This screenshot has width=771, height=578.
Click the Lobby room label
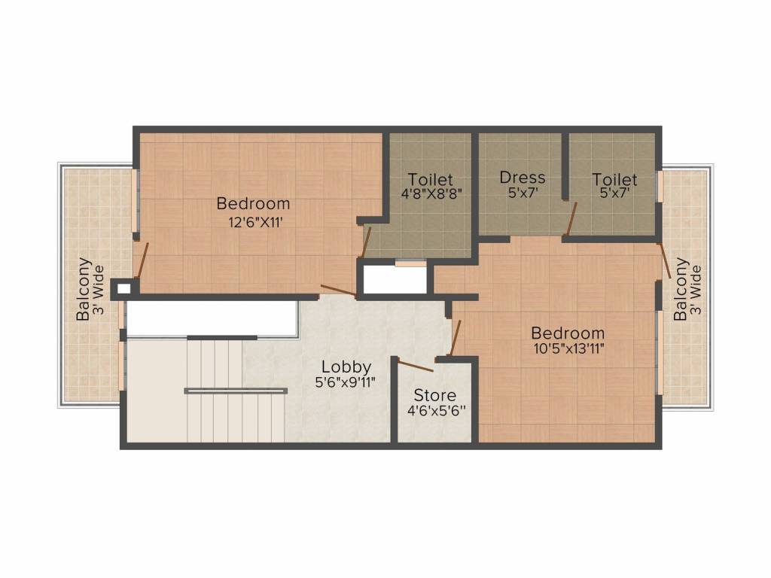point(346,367)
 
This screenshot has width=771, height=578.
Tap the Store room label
point(435,395)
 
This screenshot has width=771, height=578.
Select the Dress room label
point(523,178)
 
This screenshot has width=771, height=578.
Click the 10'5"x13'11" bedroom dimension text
point(567,348)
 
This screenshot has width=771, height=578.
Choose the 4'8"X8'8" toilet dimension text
point(431,193)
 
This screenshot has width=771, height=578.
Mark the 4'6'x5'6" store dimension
point(435,411)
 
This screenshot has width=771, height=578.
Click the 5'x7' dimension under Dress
point(523,193)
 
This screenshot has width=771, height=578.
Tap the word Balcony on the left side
point(84,290)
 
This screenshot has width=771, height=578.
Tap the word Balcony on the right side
point(681,289)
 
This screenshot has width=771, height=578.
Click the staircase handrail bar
point(236,391)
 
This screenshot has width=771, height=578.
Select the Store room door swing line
point(416,367)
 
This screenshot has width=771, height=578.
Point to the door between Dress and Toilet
point(571,219)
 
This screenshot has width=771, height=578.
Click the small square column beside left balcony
point(123,287)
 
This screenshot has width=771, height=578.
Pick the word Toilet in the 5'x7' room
point(614,179)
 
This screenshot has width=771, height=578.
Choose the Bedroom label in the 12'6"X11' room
point(253,203)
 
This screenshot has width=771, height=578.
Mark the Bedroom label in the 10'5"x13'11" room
point(568,333)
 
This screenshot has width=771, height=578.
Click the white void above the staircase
point(210,319)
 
